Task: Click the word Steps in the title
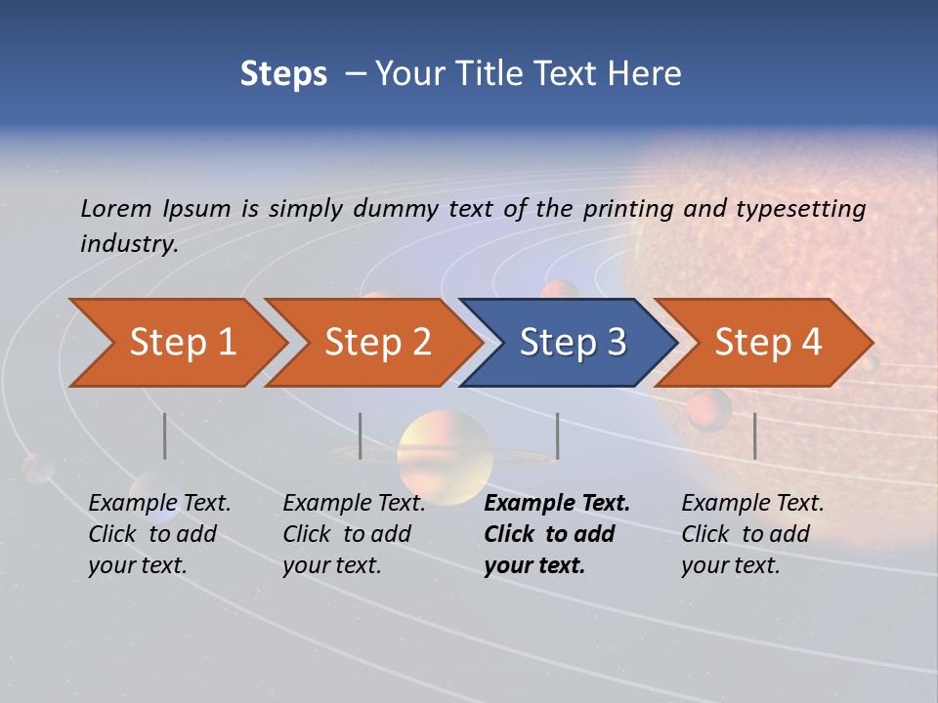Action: (x=283, y=74)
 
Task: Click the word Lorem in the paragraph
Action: (x=116, y=208)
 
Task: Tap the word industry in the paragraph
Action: (x=128, y=244)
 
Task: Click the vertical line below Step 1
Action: (x=165, y=435)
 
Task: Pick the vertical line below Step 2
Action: (x=361, y=435)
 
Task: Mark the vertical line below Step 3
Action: (x=557, y=435)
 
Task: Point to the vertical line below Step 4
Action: (x=754, y=435)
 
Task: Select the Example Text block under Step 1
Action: (x=159, y=534)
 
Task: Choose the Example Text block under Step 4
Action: (x=752, y=534)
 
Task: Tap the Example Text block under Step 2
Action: (x=354, y=534)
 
